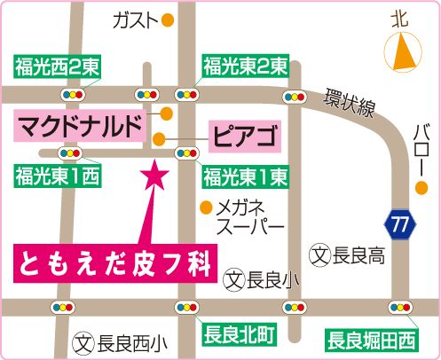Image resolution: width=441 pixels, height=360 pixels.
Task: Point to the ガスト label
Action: tap(135, 20)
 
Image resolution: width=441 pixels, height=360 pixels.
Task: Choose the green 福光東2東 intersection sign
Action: tap(243, 65)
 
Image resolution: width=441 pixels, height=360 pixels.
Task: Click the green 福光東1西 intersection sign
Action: tap(56, 175)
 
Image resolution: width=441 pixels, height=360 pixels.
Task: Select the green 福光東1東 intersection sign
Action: tap(243, 175)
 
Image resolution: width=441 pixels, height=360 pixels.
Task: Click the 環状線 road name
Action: tap(350, 103)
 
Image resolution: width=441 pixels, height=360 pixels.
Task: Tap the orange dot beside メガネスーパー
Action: tap(206, 209)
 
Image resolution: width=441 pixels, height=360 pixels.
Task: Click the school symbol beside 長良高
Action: tap(323, 256)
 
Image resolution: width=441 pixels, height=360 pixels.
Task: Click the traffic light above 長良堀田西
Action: tap(397, 308)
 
